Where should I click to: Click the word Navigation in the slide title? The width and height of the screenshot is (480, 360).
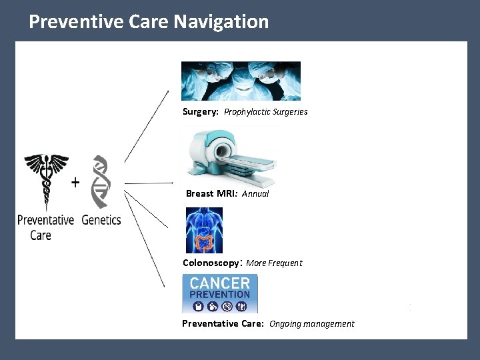221,21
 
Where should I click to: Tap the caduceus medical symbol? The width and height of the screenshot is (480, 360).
46,180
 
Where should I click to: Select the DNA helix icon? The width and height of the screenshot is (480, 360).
100,181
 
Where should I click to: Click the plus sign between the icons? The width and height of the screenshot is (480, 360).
75,182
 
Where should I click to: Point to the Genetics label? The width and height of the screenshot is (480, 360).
101,219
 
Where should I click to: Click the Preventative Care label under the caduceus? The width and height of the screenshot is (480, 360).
45,227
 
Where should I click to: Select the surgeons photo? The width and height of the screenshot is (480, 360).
241,81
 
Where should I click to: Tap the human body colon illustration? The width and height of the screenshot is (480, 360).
204,230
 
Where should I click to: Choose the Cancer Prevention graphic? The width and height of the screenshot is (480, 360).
220,294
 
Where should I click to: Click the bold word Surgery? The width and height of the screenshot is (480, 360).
201,112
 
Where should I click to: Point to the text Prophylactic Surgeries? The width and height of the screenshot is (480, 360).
265,112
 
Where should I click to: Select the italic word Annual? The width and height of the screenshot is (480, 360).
255,194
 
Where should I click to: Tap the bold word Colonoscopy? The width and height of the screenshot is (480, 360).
211,263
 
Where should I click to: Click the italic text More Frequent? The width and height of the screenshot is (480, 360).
274,263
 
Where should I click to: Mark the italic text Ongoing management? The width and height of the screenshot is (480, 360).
311,324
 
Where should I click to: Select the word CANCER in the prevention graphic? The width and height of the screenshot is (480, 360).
220,283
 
